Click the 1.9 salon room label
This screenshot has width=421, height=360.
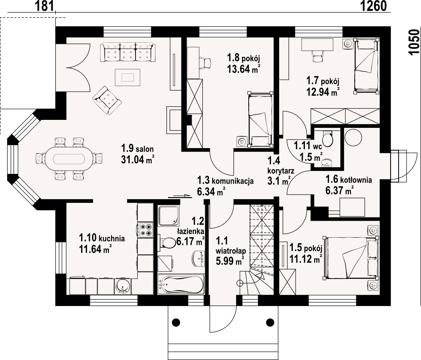[x=137, y=149]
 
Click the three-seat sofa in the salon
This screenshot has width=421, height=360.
[x=127, y=52]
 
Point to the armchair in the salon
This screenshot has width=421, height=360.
[x=107, y=100]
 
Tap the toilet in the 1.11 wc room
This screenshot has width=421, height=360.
[x=328, y=138]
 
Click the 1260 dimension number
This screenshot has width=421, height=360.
[x=374, y=6]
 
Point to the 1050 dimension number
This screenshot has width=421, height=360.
[x=414, y=42]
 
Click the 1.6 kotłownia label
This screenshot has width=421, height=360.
[x=348, y=180]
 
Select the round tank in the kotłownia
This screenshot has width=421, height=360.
[x=354, y=138]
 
